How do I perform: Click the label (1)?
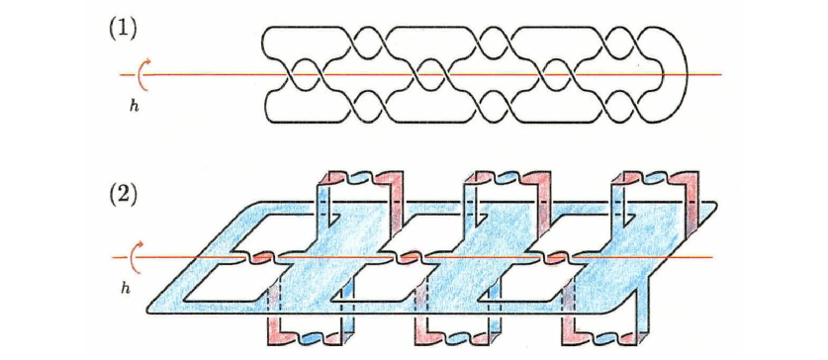(x=123, y=29)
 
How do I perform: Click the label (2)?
(x=123, y=189)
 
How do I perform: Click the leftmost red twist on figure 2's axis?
(x=258, y=257)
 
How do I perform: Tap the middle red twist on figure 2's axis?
(x=408, y=257)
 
